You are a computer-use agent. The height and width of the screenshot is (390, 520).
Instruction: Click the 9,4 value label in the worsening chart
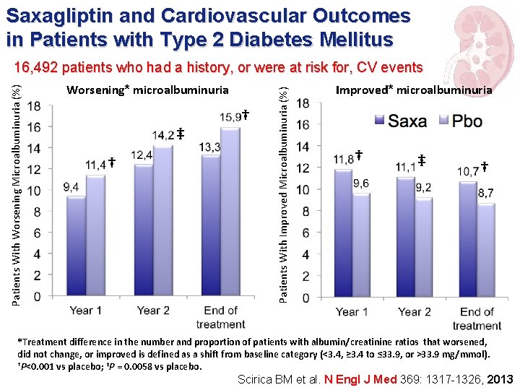[71, 187]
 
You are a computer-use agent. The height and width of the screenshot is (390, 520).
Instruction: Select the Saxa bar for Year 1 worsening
[75, 246]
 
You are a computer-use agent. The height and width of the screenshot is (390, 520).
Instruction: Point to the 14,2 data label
[163, 134]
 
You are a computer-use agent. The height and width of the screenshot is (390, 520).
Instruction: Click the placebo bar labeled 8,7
[485, 250]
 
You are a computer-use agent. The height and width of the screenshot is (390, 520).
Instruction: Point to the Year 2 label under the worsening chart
[153, 311]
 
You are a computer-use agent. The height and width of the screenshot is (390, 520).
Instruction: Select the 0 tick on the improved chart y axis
[306, 298]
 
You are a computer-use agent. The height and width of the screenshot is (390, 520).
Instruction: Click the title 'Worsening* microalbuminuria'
[147, 90]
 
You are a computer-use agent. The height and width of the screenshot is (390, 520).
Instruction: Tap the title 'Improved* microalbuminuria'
[414, 90]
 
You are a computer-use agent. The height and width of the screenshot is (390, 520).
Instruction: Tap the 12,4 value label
[142, 155]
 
